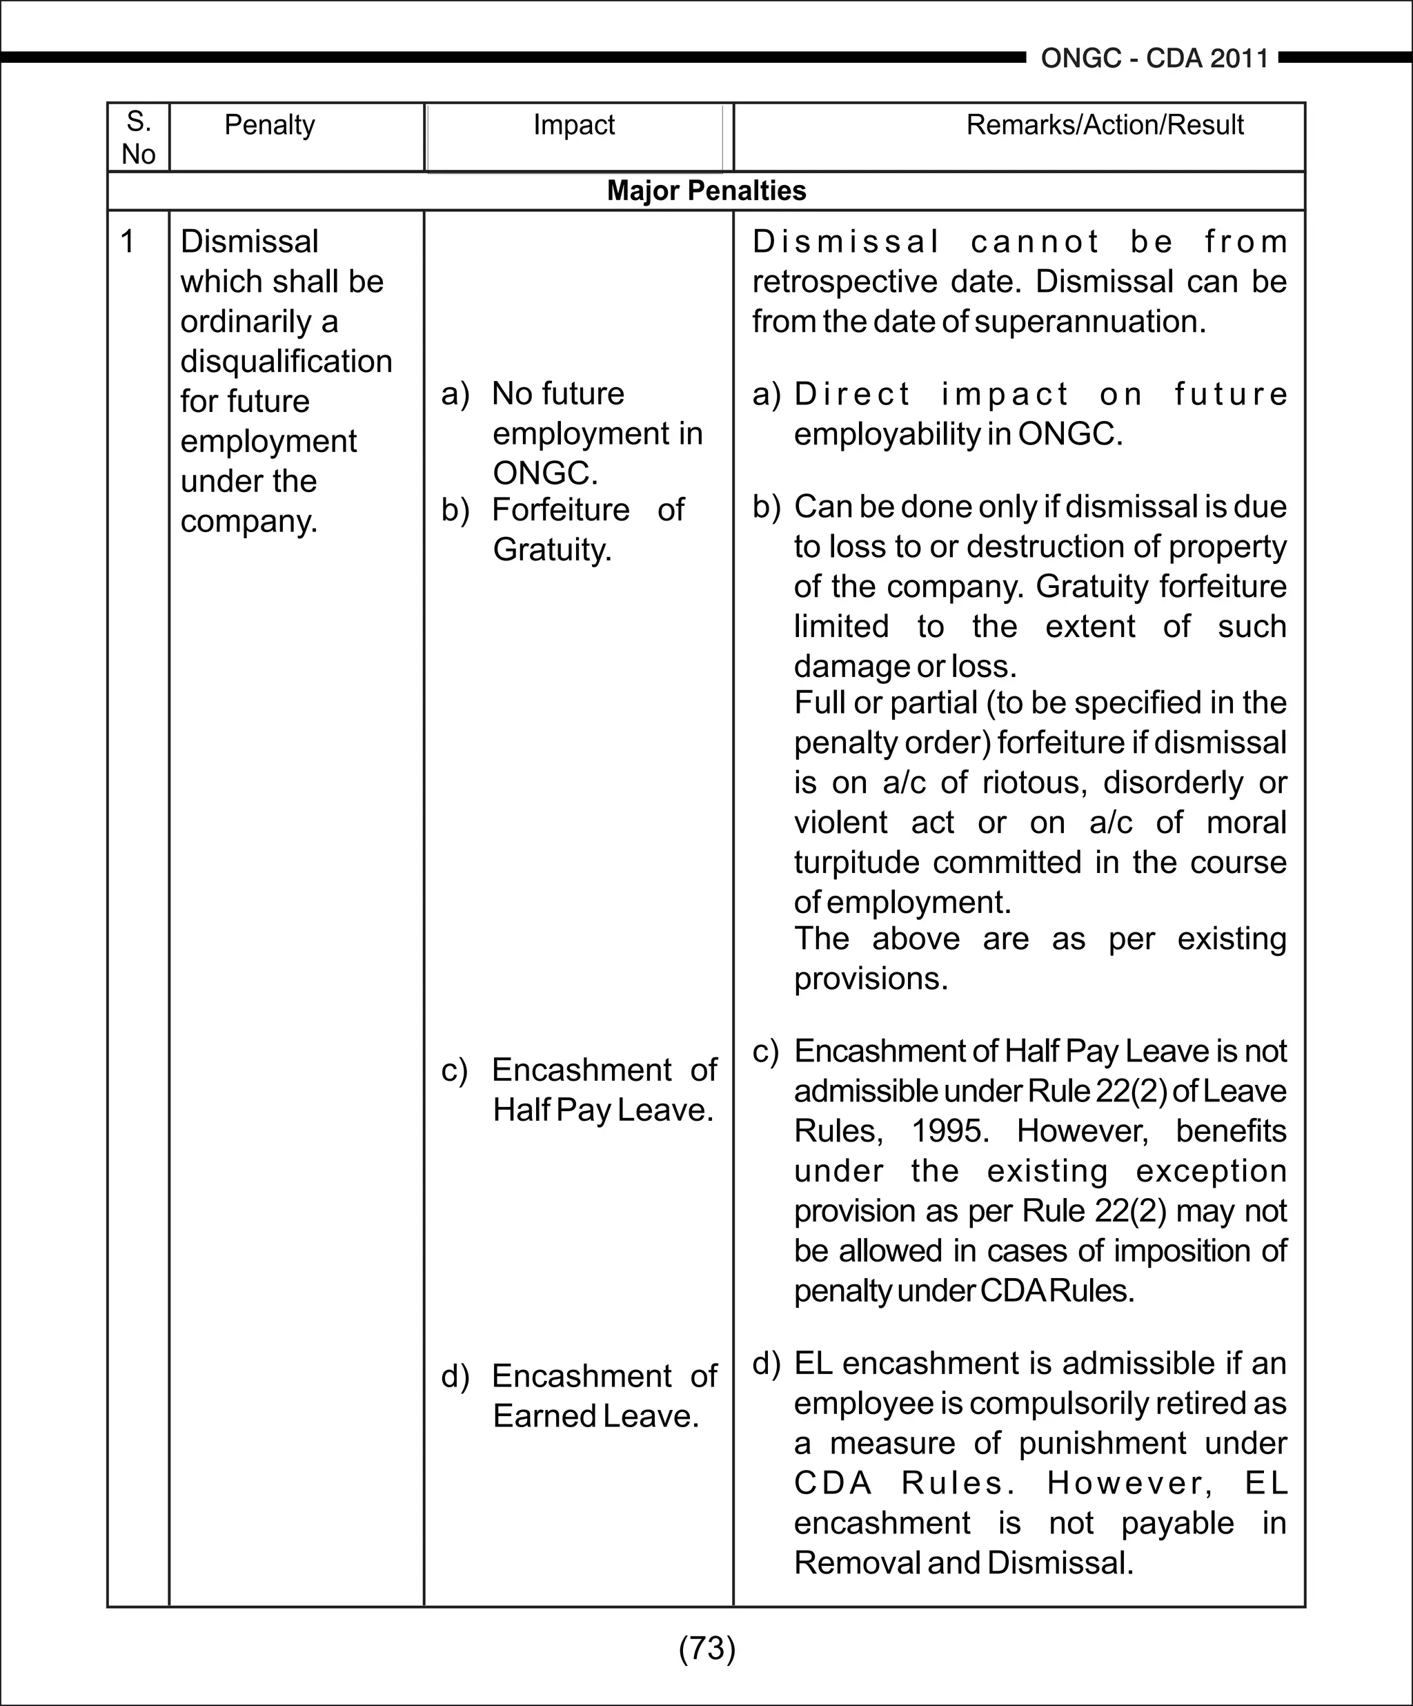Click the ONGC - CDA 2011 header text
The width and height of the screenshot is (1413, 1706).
click(1154, 59)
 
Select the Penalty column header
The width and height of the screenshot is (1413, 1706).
click(269, 125)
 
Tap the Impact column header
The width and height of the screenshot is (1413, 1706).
click(573, 125)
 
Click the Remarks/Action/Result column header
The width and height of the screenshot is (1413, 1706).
click(1105, 125)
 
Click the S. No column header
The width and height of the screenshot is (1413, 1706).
click(138, 137)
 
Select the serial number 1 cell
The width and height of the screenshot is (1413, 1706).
click(128, 242)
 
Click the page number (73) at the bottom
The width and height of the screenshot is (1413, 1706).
click(706, 1647)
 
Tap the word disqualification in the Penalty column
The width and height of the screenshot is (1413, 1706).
click(286, 362)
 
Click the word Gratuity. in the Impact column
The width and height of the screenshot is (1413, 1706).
click(552, 550)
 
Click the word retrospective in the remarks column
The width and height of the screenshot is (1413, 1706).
click(844, 282)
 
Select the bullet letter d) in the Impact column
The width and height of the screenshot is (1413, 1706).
click(455, 1376)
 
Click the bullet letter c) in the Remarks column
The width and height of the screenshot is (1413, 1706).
click(765, 1051)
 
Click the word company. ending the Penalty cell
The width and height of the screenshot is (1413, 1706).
click(248, 522)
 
